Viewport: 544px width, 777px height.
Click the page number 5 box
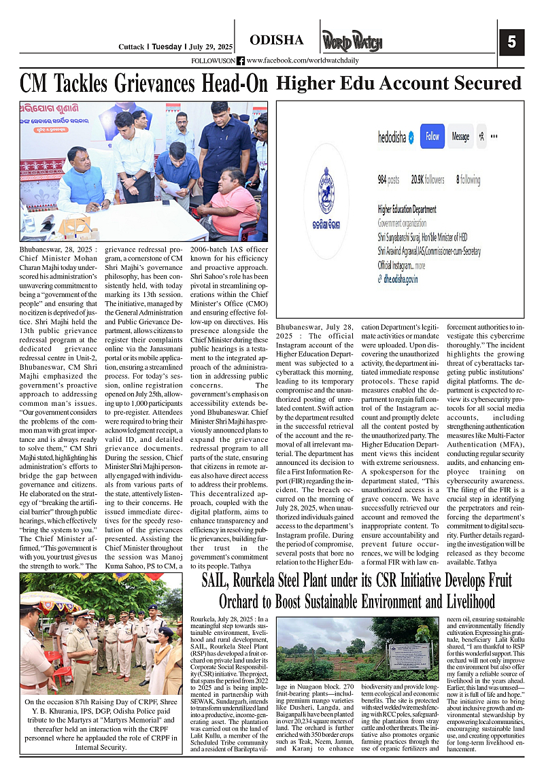click(x=511, y=42)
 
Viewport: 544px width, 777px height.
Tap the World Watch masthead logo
click(x=352, y=41)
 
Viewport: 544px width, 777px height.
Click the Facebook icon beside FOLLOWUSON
click(x=241, y=61)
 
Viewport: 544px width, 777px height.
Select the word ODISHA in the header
click(x=277, y=40)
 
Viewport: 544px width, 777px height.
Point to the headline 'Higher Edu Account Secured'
click(x=399, y=84)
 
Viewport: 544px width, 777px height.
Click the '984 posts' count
click(x=388, y=180)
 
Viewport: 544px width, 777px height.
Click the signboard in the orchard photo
click(x=409, y=656)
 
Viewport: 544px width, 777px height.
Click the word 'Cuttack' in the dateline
click(x=131, y=47)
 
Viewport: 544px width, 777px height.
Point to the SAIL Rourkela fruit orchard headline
click(x=356, y=591)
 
